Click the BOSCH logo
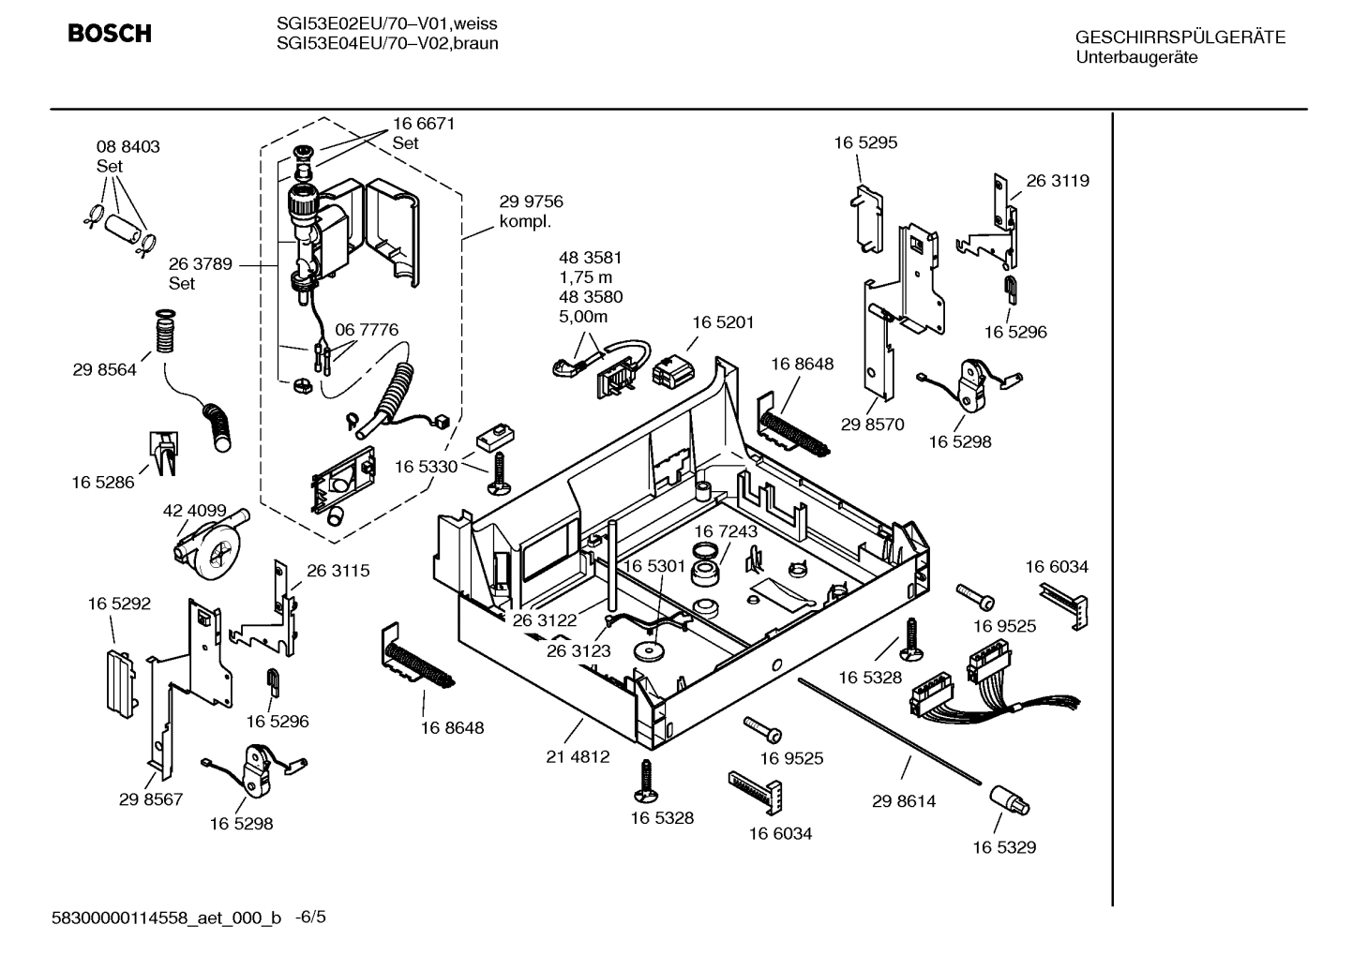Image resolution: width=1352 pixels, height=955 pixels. coord(109,35)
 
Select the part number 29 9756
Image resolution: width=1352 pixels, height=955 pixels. coord(531,201)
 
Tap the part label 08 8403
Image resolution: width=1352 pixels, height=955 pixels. coord(128,146)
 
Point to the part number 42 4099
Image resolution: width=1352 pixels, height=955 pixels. coord(195,511)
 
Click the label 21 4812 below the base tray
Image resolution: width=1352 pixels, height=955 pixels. coord(578,756)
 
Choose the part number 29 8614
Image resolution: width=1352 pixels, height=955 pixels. coord(904,801)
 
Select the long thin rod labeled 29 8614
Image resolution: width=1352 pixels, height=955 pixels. coord(891,731)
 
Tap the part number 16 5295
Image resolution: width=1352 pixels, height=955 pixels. coord(865,142)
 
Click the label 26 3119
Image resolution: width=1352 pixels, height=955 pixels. coord(1058,181)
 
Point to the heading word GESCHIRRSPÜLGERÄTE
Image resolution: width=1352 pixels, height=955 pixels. coord(1180,37)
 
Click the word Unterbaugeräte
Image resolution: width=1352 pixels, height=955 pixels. coord(1136,57)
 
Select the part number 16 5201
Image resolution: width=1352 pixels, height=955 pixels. coord(723,321)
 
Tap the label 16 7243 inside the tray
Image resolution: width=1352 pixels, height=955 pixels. coord(726,531)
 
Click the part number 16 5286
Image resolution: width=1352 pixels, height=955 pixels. coord(103,483)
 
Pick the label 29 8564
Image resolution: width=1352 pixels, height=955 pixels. coord(104,369)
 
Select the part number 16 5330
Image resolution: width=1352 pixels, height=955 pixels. coord(426,467)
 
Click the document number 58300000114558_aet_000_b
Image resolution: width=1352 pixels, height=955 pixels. coord(166,918)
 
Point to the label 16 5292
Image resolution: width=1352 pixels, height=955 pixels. coord(119,604)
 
